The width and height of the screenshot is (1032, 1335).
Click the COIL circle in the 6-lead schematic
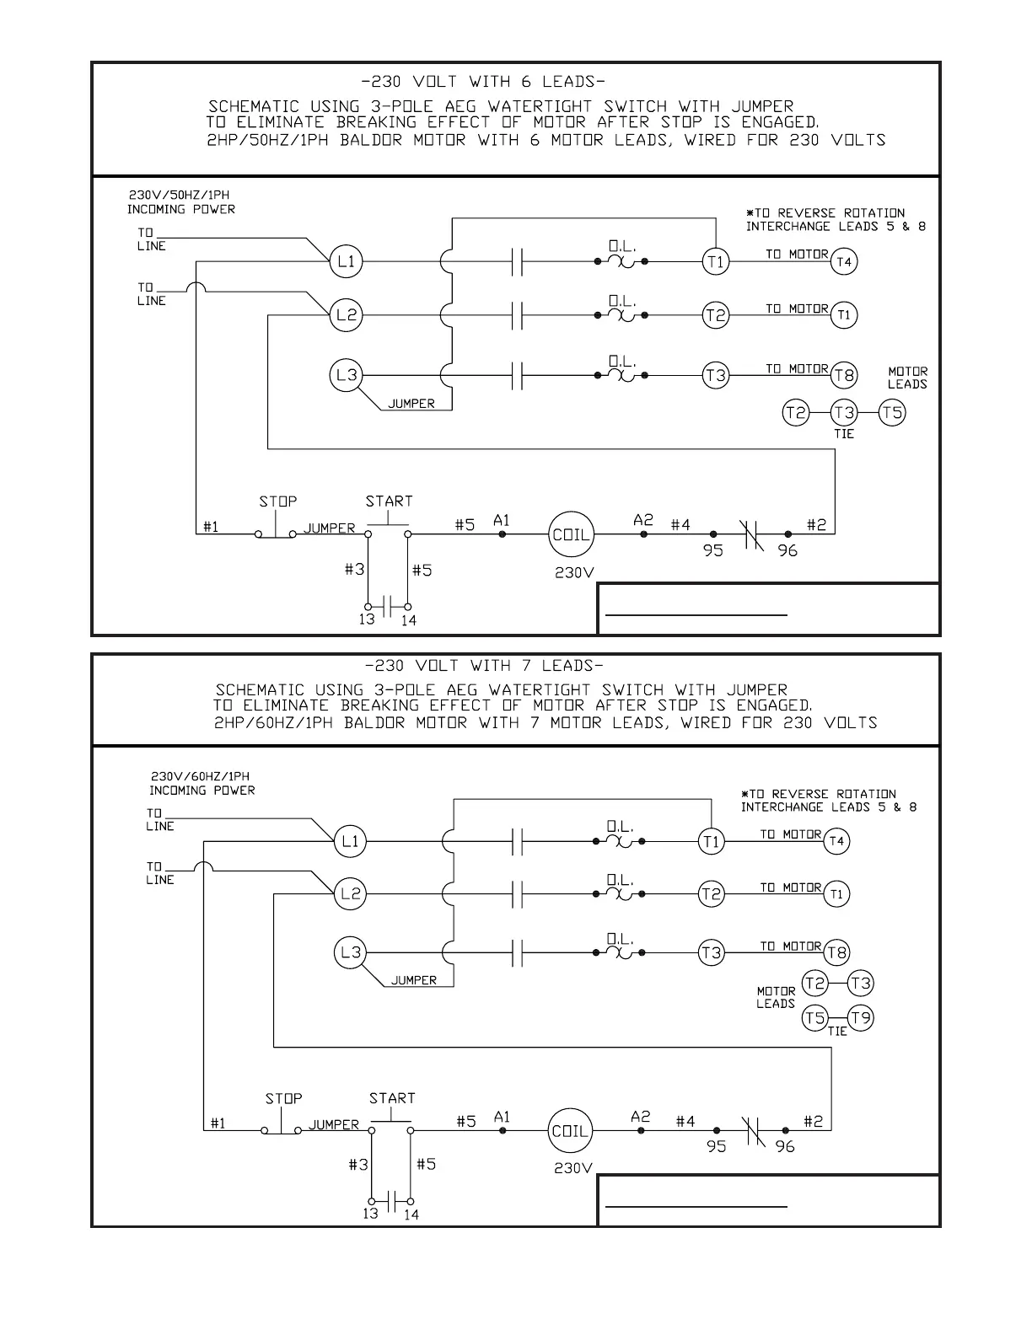tap(571, 534)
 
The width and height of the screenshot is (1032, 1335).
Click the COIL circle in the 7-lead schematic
tap(571, 1131)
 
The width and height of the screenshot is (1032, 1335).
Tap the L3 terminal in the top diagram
tap(347, 374)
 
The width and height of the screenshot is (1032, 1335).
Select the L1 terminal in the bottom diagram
tap(351, 841)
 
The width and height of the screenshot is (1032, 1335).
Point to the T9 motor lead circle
tap(861, 1017)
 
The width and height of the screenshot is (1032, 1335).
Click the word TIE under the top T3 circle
tap(844, 433)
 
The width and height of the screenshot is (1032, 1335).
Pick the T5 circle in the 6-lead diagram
tap(892, 413)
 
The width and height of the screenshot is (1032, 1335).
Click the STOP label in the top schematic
tap(277, 501)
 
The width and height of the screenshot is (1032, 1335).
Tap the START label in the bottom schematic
tap(392, 1098)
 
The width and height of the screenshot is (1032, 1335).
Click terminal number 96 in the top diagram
tap(787, 551)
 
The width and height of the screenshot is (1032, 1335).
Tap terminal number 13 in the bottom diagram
tap(370, 1214)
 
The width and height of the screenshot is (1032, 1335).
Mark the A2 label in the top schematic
tap(643, 520)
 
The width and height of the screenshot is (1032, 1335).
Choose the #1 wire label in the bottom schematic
tap(218, 1123)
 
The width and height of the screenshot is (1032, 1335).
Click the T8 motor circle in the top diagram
tap(844, 374)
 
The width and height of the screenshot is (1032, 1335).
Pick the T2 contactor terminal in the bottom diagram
tap(712, 894)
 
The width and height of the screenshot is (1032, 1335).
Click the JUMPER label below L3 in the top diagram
tap(411, 404)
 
